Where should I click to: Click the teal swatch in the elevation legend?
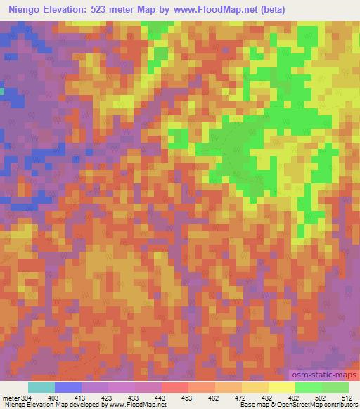pyautogui.click(x=41, y=387)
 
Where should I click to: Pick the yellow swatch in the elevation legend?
pyautogui.click(x=281, y=387)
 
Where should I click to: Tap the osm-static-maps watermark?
pyautogui.click(x=324, y=376)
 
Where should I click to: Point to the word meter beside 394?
pyautogui.click(x=11, y=397)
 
